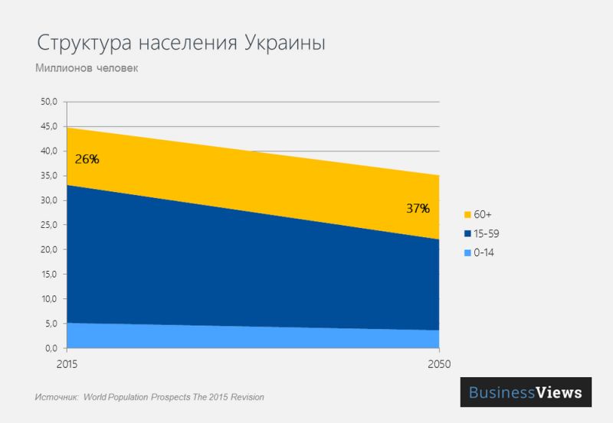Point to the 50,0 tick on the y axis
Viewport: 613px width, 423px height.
click(x=49, y=102)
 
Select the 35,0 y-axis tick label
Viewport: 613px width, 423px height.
click(x=49, y=176)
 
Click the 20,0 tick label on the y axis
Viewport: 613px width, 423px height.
click(x=49, y=250)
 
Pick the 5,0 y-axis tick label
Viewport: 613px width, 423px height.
click(x=51, y=324)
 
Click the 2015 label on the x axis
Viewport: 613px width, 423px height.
click(x=67, y=363)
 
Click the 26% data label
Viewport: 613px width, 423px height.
click(x=87, y=160)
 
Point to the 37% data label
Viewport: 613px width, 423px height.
click(x=418, y=207)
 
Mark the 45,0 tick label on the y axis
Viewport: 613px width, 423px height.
click(x=49, y=126)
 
